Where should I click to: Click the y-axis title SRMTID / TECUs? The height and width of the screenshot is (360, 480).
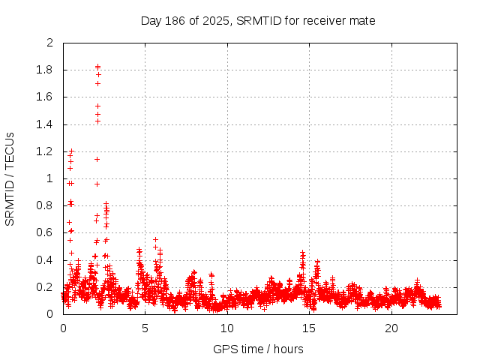click(10, 178)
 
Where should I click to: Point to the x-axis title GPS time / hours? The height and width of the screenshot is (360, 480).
click(257, 349)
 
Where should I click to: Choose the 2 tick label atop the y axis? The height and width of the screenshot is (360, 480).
click(50, 43)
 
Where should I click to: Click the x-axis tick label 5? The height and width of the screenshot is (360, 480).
click(145, 328)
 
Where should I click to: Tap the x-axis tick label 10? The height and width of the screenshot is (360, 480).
click(227, 328)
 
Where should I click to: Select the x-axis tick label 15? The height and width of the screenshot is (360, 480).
click(309, 328)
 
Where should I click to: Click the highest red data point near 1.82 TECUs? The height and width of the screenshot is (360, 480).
click(97, 67)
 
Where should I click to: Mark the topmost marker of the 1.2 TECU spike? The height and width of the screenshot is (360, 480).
click(72, 151)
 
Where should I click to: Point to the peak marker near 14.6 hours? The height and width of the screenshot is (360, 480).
click(303, 253)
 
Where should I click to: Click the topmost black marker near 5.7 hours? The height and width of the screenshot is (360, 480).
click(155, 240)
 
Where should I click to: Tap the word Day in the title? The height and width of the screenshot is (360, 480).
click(151, 20)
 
